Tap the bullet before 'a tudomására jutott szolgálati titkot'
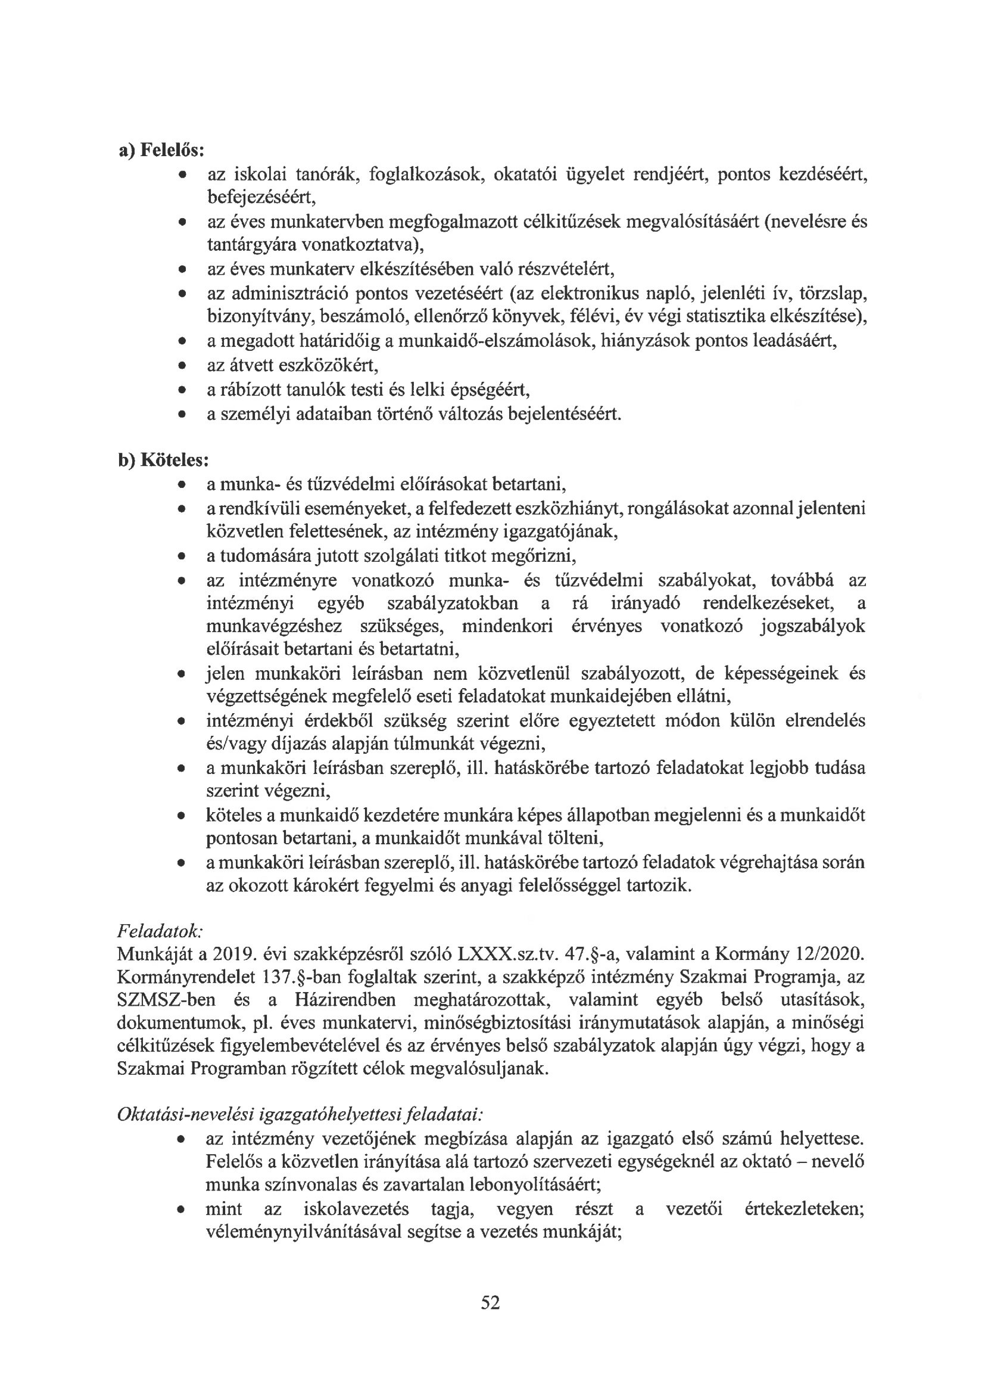pos(181,556)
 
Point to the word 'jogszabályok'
pos(813,626)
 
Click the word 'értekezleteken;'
pos(803,1209)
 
